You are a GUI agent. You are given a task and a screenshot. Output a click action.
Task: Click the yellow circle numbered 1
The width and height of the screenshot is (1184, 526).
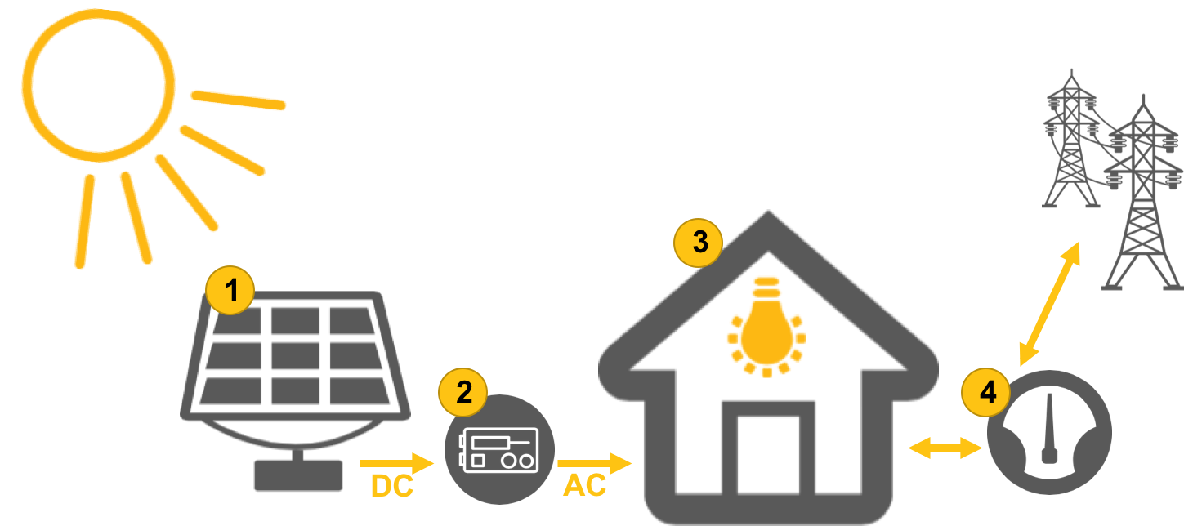pyautogui.click(x=230, y=291)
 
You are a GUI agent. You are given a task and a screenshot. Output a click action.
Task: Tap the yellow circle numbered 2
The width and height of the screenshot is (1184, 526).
pyautogui.click(x=463, y=393)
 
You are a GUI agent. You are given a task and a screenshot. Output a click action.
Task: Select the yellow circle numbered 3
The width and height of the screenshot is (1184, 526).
pyautogui.click(x=698, y=242)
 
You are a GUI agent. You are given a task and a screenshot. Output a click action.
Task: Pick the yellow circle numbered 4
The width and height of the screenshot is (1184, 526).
pyautogui.click(x=986, y=393)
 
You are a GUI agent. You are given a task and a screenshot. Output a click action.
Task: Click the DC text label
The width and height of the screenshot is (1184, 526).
pyautogui.click(x=392, y=487)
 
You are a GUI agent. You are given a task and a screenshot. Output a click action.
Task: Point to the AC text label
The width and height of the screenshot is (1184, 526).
pyautogui.click(x=585, y=486)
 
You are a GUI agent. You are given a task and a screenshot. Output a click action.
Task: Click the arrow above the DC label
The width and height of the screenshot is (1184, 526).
pyautogui.click(x=397, y=463)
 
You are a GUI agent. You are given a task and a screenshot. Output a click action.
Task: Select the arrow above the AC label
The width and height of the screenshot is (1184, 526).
pyautogui.click(x=595, y=463)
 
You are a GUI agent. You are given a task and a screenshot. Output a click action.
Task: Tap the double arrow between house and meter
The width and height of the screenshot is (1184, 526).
pyautogui.click(x=945, y=448)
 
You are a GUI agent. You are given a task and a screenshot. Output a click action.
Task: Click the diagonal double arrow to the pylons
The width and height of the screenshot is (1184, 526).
pyautogui.click(x=1049, y=303)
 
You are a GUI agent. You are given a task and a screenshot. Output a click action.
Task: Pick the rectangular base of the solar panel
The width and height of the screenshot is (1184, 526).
pyautogui.click(x=297, y=475)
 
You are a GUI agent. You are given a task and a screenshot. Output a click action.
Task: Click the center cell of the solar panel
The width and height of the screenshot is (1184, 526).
pyautogui.click(x=295, y=355)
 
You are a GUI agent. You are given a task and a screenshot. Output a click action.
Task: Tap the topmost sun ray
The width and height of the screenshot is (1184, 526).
pyautogui.click(x=238, y=100)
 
